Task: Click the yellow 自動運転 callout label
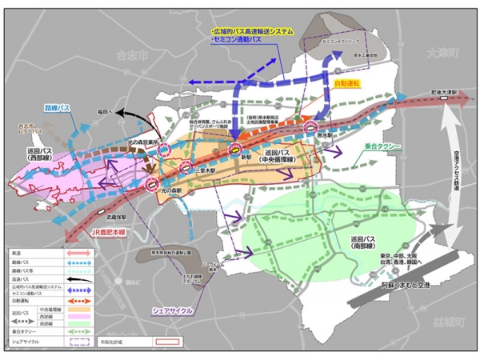pos(348,82)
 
